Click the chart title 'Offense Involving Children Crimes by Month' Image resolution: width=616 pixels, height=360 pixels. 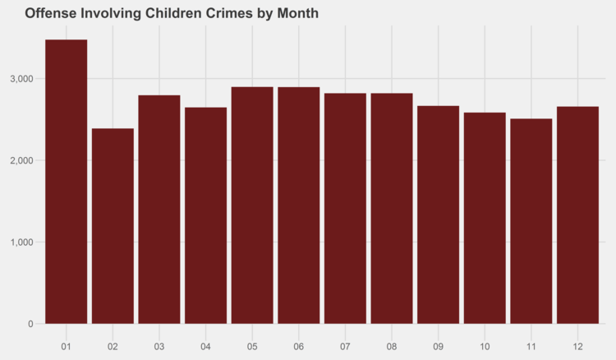pyautogui.click(x=171, y=14)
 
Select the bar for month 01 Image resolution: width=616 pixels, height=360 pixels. pyautogui.click(x=66, y=181)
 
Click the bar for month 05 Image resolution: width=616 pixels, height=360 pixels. pyautogui.click(x=252, y=205)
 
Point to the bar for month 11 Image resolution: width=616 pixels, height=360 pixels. pyautogui.click(x=531, y=221)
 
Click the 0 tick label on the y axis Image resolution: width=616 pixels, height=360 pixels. pyautogui.click(x=30, y=324)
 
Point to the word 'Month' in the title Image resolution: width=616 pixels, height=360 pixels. pyautogui.click(x=297, y=14)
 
